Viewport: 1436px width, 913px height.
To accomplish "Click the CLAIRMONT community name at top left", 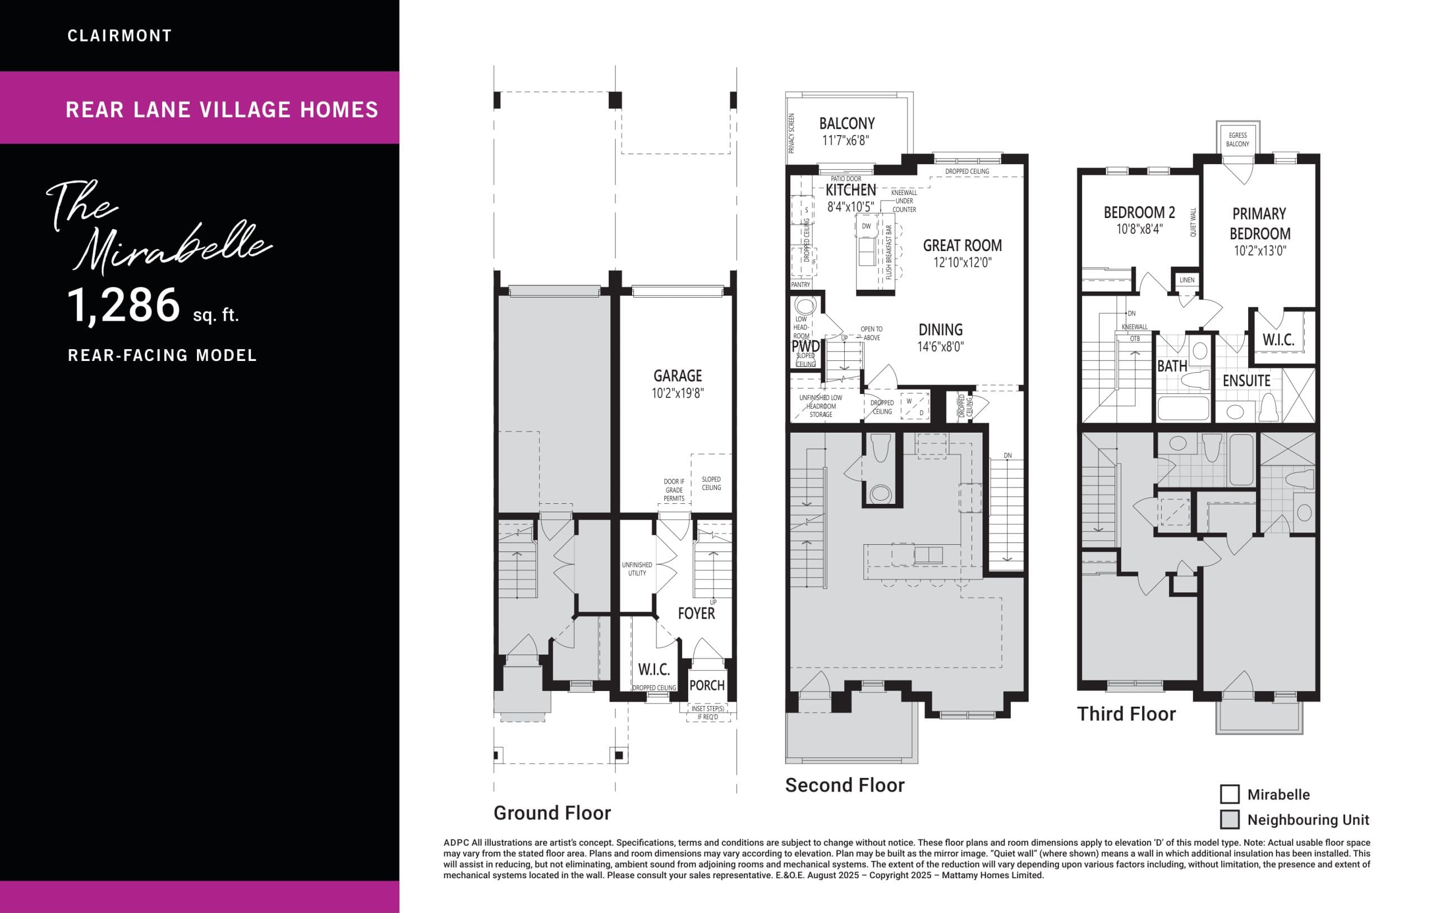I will click(x=119, y=36).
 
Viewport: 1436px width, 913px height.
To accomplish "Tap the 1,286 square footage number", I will click(x=123, y=305).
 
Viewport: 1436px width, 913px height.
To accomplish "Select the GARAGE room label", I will click(x=678, y=376).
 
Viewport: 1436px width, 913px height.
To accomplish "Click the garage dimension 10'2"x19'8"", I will click(x=678, y=393).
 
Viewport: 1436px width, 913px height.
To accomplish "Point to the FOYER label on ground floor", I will click(x=696, y=613).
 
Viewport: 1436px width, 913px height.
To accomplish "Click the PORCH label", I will click(x=707, y=685).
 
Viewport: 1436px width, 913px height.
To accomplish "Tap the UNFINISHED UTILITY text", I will click(x=637, y=568).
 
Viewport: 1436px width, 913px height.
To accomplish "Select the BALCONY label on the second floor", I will click(x=847, y=123).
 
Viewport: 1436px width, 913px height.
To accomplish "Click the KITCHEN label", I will click(x=850, y=190).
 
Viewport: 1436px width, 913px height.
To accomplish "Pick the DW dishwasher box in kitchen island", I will click(x=866, y=226).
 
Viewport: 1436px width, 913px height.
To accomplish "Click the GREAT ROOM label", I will click(x=962, y=245).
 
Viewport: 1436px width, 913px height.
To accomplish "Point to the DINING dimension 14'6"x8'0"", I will click(x=941, y=347).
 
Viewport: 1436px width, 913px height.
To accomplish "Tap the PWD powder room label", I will click(x=805, y=346).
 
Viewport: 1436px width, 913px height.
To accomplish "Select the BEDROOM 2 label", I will click(x=1139, y=213).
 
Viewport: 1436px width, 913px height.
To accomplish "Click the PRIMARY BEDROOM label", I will click(x=1259, y=224).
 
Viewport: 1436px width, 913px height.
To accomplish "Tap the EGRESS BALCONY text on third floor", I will click(x=1237, y=140).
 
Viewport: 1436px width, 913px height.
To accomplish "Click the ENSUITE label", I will click(x=1246, y=381).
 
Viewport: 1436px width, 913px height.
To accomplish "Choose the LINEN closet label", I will click(x=1187, y=280).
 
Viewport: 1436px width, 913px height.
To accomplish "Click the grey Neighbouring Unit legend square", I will click(x=1230, y=819).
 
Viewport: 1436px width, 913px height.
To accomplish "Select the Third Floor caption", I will click(x=1126, y=714).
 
